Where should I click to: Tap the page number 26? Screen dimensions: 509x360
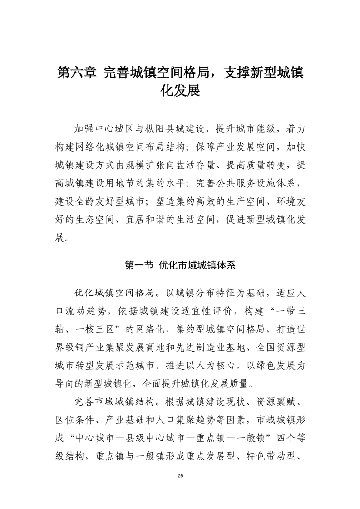(x=180, y=475)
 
